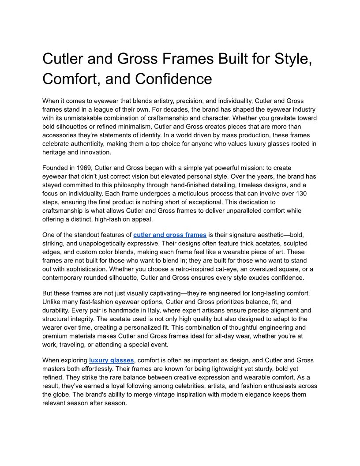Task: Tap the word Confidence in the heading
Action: [173, 79]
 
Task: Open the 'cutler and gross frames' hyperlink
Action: [170, 235]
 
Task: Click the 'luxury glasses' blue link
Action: [111, 360]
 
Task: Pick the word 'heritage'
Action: [56, 152]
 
